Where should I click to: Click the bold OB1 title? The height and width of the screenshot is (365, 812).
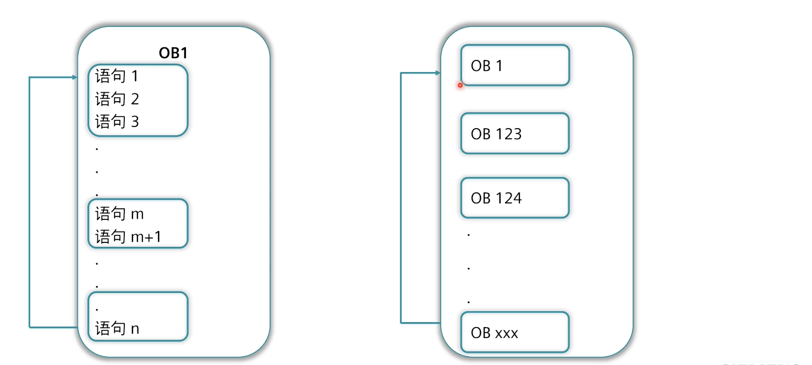pos(173,54)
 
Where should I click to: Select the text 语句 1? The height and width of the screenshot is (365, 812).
pos(117,76)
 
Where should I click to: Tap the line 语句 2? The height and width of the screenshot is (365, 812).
pos(117,99)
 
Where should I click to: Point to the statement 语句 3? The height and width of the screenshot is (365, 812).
pos(117,122)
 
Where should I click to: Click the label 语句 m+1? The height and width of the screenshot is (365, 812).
pos(128,237)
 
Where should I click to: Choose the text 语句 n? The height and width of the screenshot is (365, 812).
pos(117,329)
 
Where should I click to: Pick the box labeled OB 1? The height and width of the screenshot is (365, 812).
pos(514,65)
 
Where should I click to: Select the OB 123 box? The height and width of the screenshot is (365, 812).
pos(514,134)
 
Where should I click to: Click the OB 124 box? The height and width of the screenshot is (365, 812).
pos(514,198)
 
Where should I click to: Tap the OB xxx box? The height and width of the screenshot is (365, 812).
pos(514,333)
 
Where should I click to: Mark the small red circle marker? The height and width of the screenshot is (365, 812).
pos(460,85)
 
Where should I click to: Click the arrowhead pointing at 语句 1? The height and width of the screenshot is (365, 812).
pos(75,78)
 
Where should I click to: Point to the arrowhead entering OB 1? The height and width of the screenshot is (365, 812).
pos(438,73)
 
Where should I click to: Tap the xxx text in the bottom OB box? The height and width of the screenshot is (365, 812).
pos(507,333)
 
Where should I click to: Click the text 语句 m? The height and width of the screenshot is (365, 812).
pos(119,214)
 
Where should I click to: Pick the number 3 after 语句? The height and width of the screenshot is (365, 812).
pos(135,122)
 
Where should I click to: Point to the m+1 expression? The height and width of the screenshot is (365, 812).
pos(146,237)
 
